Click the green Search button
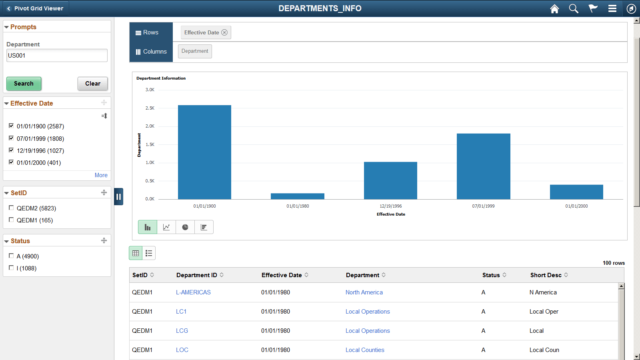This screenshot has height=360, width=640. pyautogui.click(x=24, y=84)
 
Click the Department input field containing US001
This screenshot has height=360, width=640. pyautogui.click(x=57, y=56)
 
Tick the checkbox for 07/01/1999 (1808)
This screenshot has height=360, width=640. pyautogui.click(x=11, y=138)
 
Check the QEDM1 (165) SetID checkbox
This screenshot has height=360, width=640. pyautogui.click(x=11, y=220)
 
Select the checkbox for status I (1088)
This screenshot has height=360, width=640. pyautogui.click(x=11, y=268)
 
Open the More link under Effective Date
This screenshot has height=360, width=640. pyautogui.click(x=101, y=175)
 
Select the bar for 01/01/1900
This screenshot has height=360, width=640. pyautogui.click(x=204, y=152)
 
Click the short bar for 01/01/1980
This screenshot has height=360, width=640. pyautogui.click(x=297, y=196)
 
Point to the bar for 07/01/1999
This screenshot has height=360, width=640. pyautogui.click(x=483, y=166)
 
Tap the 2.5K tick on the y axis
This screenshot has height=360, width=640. pyautogui.click(x=150, y=108)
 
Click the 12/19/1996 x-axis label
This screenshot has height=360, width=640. pyautogui.click(x=391, y=206)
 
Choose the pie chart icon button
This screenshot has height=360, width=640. pyautogui.click(x=185, y=227)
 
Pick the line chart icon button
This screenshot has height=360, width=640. pyautogui.click(x=166, y=227)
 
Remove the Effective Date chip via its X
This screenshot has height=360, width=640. pyautogui.click(x=224, y=32)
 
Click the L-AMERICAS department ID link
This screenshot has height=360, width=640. pyautogui.click(x=193, y=292)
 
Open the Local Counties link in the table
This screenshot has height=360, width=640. pyautogui.click(x=365, y=350)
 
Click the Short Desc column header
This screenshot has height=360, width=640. pyautogui.click(x=546, y=275)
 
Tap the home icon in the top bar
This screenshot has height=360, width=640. pyautogui.click(x=554, y=9)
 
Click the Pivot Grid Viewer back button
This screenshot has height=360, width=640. pyautogui.click(x=35, y=8)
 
